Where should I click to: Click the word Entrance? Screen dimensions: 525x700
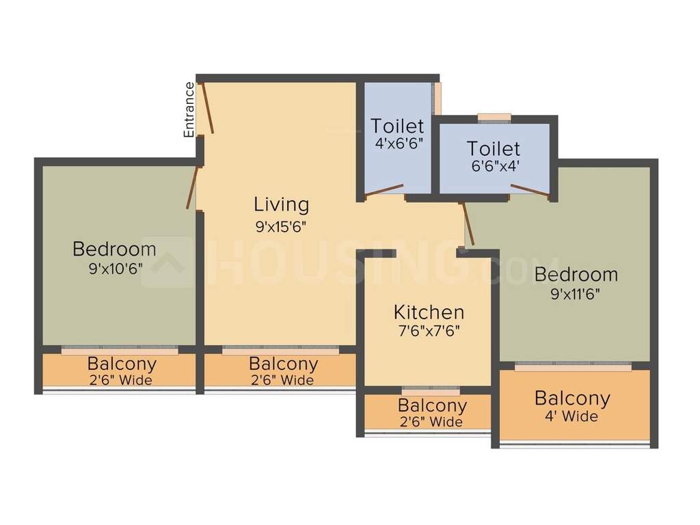pyautogui.click(x=189, y=110)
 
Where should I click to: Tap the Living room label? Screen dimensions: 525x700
pyautogui.click(x=281, y=204)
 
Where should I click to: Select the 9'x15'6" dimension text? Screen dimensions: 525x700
pyautogui.click(x=280, y=227)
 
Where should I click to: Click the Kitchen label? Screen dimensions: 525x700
pyautogui.click(x=429, y=312)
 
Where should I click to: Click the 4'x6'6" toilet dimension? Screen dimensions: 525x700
pyautogui.click(x=397, y=144)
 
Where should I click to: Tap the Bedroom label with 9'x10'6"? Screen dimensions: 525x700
pyautogui.click(x=114, y=249)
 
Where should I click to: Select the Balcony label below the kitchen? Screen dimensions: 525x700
pyautogui.click(x=432, y=405)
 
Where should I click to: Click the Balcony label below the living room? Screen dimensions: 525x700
pyautogui.click(x=283, y=364)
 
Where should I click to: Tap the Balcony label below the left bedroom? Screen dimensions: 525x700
pyautogui.click(x=122, y=364)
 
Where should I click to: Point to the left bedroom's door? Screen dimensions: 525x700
pyautogui.click(x=192, y=187)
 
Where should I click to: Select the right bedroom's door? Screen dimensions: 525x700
pyautogui.click(x=468, y=223)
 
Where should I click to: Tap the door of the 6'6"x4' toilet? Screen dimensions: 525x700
pyautogui.click(x=530, y=191)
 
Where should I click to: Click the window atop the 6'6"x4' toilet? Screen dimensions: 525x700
pyautogui.click(x=494, y=118)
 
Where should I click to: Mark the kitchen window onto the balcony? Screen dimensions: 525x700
pyautogui.click(x=431, y=392)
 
